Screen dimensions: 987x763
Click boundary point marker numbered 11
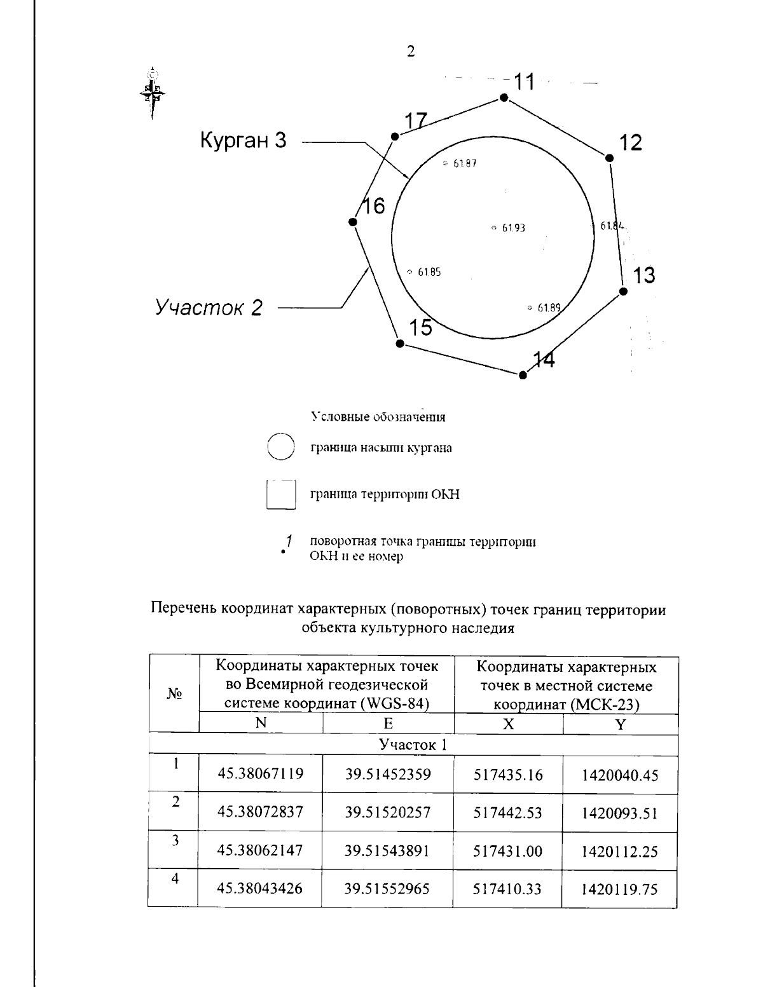click(x=504, y=97)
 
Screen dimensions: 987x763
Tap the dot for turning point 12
click(x=609, y=158)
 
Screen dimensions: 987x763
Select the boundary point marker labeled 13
click(x=623, y=291)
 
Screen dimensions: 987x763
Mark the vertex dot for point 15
click(x=399, y=343)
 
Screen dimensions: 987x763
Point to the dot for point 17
click(x=395, y=136)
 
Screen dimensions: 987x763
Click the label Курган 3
click(x=243, y=140)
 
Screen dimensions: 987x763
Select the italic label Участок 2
click(x=209, y=308)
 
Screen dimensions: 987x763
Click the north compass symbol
click(x=152, y=92)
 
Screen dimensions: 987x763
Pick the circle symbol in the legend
click(x=280, y=447)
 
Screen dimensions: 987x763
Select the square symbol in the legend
click(x=281, y=494)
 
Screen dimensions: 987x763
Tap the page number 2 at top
click(x=411, y=52)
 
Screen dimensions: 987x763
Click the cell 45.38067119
click(x=260, y=774)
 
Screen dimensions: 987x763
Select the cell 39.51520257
click(x=387, y=812)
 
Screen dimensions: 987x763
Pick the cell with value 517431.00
click(x=507, y=851)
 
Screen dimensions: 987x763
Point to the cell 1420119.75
click(x=619, y=889)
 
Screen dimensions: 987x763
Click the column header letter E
click(x=388, y=724)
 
